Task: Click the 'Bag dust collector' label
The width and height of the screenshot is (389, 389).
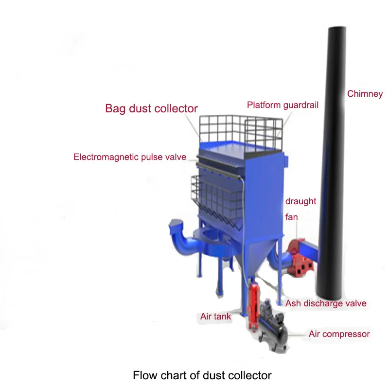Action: click(x=151, y=108)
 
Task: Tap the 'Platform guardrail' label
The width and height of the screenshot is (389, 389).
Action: click(x=283, y=105)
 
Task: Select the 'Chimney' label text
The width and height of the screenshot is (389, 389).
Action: click(x=365, y=94)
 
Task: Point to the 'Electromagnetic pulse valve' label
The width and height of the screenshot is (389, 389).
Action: click(x=130, y=157)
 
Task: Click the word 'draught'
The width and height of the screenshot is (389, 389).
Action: click(x=301, y=201)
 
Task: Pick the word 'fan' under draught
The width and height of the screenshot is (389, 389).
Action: click(x=291, y=217)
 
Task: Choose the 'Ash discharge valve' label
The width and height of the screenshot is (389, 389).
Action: click(x=326, y=303)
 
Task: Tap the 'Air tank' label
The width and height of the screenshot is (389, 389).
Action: click(x=215, y=317)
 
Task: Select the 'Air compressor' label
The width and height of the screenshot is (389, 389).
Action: click(x=339, y=334)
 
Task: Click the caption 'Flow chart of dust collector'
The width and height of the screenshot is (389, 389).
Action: click(x=202, y=375)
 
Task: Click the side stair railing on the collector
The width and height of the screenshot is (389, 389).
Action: click(x=214, y=197)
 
